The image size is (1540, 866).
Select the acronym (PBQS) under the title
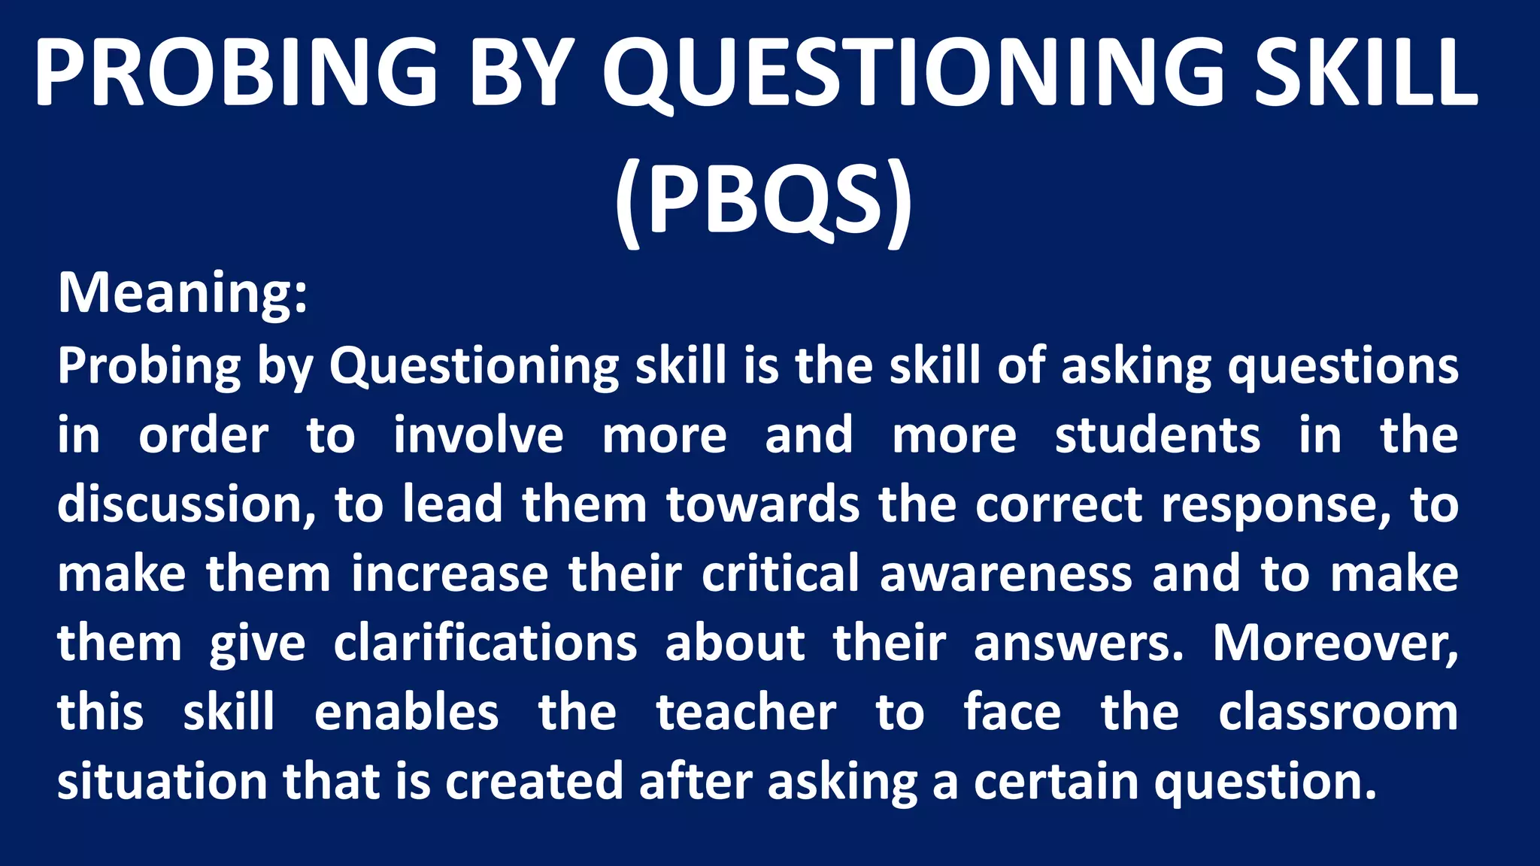click(762, 200)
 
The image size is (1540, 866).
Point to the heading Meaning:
click(183, 292)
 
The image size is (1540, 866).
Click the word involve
click(478, 435)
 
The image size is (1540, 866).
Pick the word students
click(1157, 435)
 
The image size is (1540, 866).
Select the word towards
click(762, 504)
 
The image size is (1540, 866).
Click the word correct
click(1059, 504)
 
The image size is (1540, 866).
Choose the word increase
click(450, 574)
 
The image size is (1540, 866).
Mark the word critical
click(781, 574)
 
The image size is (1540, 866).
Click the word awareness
click(1005, 574)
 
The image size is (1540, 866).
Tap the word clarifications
click(485, 643)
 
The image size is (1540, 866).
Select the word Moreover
click(1335, 643)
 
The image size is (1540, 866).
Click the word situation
click(162, 782)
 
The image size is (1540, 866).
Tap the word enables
click(406, 713)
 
